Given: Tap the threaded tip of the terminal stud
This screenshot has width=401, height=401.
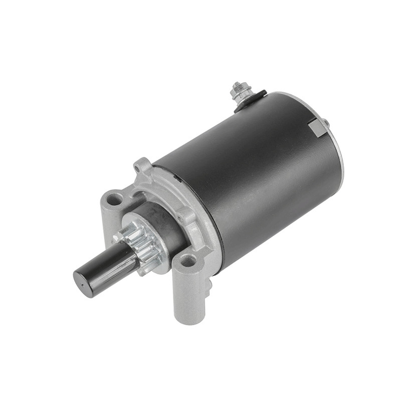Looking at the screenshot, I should click(236, 85).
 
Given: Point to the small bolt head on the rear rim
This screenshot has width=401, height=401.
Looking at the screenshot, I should click(326, 122).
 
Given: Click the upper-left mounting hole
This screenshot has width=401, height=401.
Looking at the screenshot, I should click(114, 198).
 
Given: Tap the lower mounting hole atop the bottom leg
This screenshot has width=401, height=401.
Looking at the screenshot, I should click(188, 261).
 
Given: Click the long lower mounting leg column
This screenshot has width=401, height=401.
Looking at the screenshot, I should click(187, 296).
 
